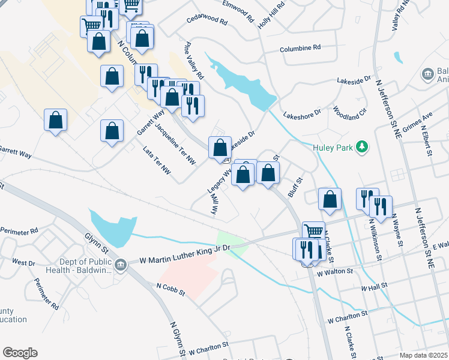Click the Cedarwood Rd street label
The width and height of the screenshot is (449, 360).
[x=207, y=22]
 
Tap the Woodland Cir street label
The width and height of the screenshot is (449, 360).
[x=349, y=112]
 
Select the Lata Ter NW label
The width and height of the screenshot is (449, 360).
[x=157, y=163]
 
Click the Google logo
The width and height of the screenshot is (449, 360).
[x=20, y=353]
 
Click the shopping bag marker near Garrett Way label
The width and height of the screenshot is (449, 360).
[x=112, y=130]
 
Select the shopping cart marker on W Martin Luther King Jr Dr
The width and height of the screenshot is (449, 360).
[x=313, y=231]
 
